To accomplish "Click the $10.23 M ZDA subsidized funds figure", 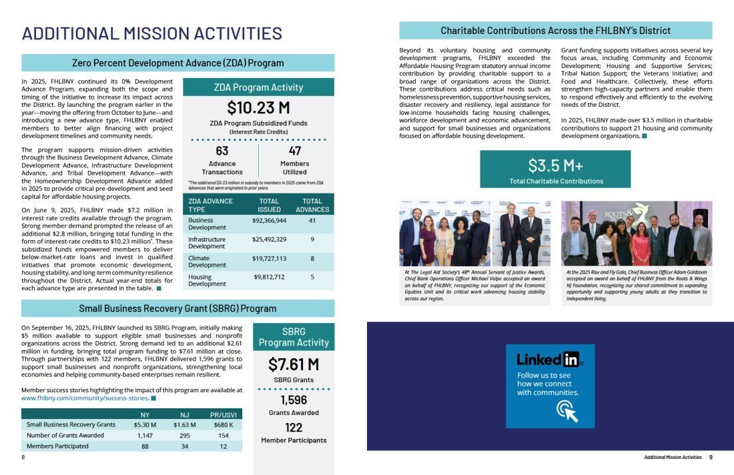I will pos(258,108).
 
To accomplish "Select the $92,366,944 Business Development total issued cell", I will pos(269,220).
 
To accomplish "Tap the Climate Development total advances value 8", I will pos(312,258).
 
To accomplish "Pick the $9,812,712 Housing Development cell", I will pos(269,277).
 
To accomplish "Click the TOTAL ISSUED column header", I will pos(269,205).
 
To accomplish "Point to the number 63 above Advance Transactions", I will pos(222,151).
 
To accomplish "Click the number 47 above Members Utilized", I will pos(295,151).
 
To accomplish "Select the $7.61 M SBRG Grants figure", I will pos(293,364).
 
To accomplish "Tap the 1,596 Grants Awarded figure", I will pos(294,400).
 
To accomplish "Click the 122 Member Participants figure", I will pos(294,428).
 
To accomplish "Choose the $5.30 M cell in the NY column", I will pos(145,424).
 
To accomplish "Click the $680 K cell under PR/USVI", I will pos(223,424).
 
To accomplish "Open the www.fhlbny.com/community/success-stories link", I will pos(84,398).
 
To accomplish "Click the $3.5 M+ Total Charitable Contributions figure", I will pos(555,165).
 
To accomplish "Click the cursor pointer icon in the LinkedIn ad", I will pos(567,411).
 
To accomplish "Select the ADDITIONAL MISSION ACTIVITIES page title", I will pos(152,33).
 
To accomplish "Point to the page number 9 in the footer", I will pos(711,457).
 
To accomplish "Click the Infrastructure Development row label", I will pos(207,243).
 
